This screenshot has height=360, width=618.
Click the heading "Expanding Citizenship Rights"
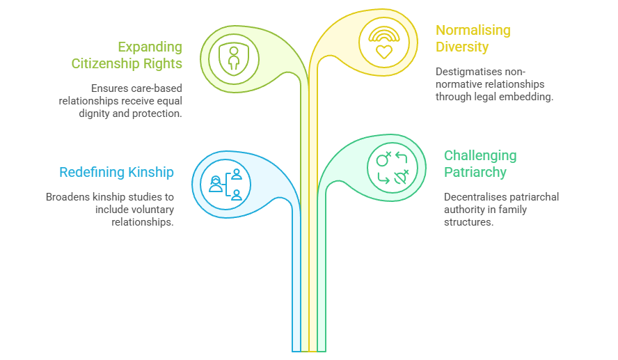point(127,56)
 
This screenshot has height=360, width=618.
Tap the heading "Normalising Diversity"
point(473,39)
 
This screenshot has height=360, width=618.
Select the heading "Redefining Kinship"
point(116,172)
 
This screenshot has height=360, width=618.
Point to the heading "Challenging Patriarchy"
point(480,164)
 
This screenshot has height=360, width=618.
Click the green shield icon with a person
point(233,58)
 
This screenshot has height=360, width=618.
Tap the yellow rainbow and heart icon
point(384,42)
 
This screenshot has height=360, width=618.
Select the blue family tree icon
point(225,185)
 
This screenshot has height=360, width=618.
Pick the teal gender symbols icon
point(392,167)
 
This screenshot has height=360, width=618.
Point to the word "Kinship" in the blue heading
point(150,172)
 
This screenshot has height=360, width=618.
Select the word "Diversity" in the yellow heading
point(462,47)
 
